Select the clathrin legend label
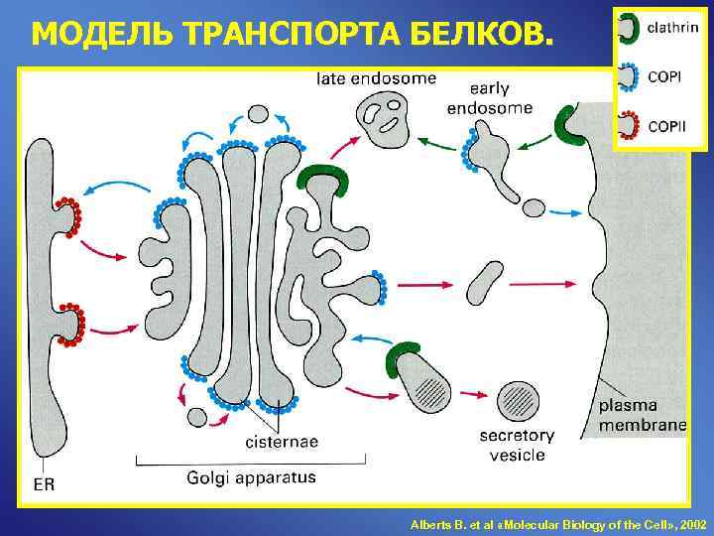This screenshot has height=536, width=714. click(x=671, y=27)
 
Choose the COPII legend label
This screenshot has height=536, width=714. click(x=666, y=126)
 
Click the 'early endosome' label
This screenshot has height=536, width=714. click(x=489, y=98)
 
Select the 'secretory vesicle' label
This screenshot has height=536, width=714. click(x=517, y=446)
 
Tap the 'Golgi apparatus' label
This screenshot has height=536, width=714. click(x=251, y=477)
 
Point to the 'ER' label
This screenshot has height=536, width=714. click(x=44, y=485)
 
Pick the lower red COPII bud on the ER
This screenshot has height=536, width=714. click(x=71, y=323)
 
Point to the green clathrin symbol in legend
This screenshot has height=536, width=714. click(x=628, y=27)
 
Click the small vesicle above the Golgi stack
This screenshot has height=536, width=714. click(x=258, y=113)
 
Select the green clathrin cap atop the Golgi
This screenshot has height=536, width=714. click(x=327, y=181)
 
